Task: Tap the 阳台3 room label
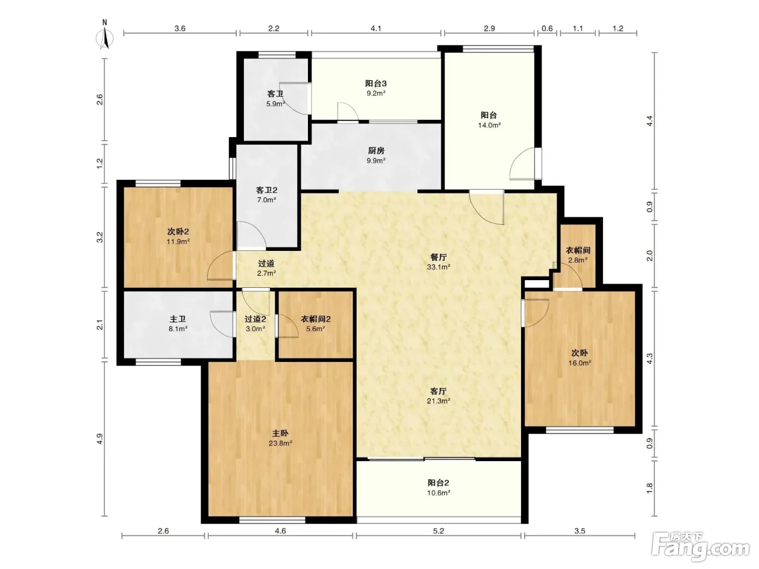tap(376, 83)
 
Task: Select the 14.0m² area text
tap(490, 125)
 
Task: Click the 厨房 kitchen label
tap(376, 151)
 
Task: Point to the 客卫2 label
tap(266, 190)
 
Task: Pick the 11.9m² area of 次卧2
tap(178, 242)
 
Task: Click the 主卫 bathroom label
tap(178, 319)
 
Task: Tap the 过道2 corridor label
tap(255, 319)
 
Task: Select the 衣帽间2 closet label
tap(316, 319)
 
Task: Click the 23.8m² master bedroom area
tap(280, 443)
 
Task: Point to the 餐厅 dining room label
tap(439, 257)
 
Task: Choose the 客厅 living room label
tap(439, 391)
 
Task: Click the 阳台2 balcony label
tap(439, 483)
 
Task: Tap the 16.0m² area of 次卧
tap(580, 363)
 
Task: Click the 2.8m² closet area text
tap(578, 260)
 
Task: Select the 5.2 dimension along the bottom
tap(439, 531)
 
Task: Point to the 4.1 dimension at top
tap(376, 28)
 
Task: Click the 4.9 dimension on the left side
tap(100, 439)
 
